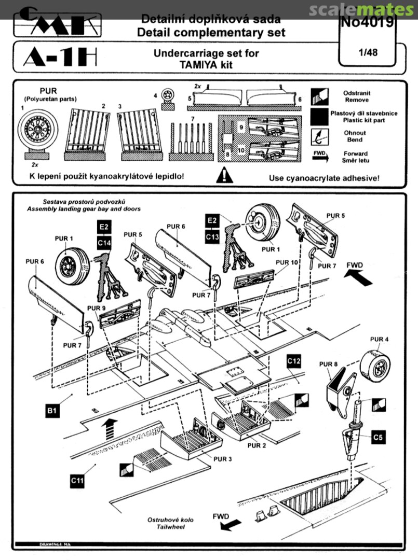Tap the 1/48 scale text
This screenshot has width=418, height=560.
(368, 52)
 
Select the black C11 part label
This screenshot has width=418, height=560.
(76, 481)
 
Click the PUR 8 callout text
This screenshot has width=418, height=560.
(327, 365)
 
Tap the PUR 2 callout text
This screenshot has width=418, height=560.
(257, 445)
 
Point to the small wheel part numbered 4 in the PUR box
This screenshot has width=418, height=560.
(168, 95)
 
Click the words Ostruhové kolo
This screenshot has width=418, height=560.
(163, 520)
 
